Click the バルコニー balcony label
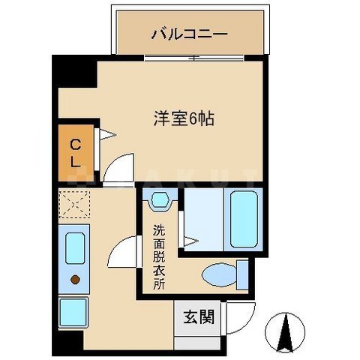(x=189, y=34)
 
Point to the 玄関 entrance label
(x=198, y=316)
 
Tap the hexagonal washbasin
(x=158, y=201)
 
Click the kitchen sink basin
(x=74, y=247)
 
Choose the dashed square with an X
(x=74, y=204)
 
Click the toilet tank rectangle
(x=241, y=274)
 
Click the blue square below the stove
(x=73, y=312)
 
